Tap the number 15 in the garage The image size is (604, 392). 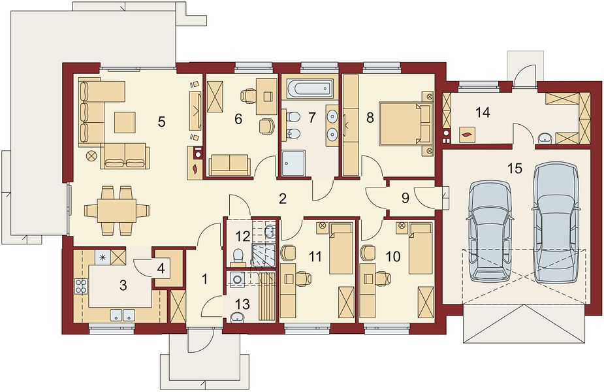(515, 169)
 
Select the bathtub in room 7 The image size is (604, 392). (310, 88)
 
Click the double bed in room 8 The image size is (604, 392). (405, 123)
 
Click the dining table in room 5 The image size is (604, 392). (117, 210)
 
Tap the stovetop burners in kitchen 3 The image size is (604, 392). (81, 286)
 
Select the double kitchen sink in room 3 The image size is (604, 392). (122, 315)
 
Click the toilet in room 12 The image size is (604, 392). (238, 255)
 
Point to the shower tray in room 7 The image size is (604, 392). (293, 163)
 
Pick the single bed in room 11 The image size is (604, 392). (341, 248)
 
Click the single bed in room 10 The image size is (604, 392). (421, 248)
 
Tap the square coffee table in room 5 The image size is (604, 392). (125, 122)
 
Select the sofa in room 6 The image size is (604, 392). (229, 165)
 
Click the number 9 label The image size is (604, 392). (405, 198)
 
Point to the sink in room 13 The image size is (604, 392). (238, 318)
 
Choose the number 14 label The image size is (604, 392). (483, 113)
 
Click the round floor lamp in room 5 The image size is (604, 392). (91, 156)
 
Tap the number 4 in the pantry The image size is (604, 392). (161, 269)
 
